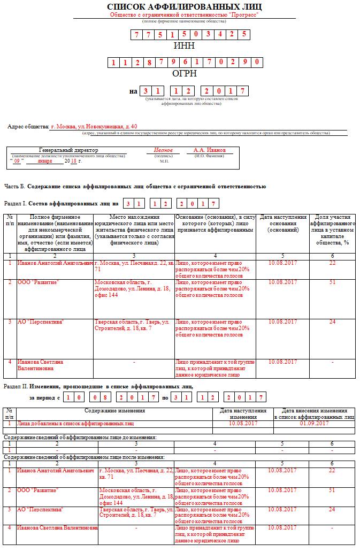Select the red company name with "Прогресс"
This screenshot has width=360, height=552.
(x=184, y=15)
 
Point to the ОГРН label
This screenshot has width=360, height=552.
(x=184, y=73)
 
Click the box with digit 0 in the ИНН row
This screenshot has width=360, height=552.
(x=208, y=34)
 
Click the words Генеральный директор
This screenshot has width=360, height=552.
(x=65, y=150)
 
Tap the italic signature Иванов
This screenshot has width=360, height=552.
(x=163, y=150)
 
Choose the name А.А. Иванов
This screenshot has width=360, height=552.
(x=210, y=150)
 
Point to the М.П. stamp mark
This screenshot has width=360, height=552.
(x=164, y=160)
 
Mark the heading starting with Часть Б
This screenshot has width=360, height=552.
(x=135, y=187)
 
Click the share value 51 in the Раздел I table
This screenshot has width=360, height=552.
(x=332, y=282)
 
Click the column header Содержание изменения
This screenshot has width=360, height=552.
(x=114, y=410)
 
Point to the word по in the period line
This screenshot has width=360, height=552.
(x=165, y=397)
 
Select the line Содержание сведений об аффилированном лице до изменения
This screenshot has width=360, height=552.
(x=80, y=437)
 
